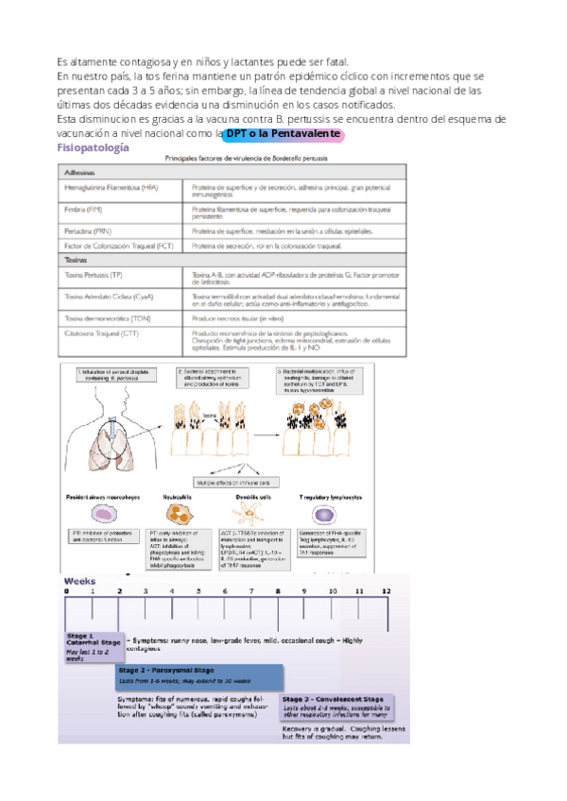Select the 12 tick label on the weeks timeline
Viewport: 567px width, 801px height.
[386, 589]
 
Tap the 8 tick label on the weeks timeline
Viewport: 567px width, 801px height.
[278, 589]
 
